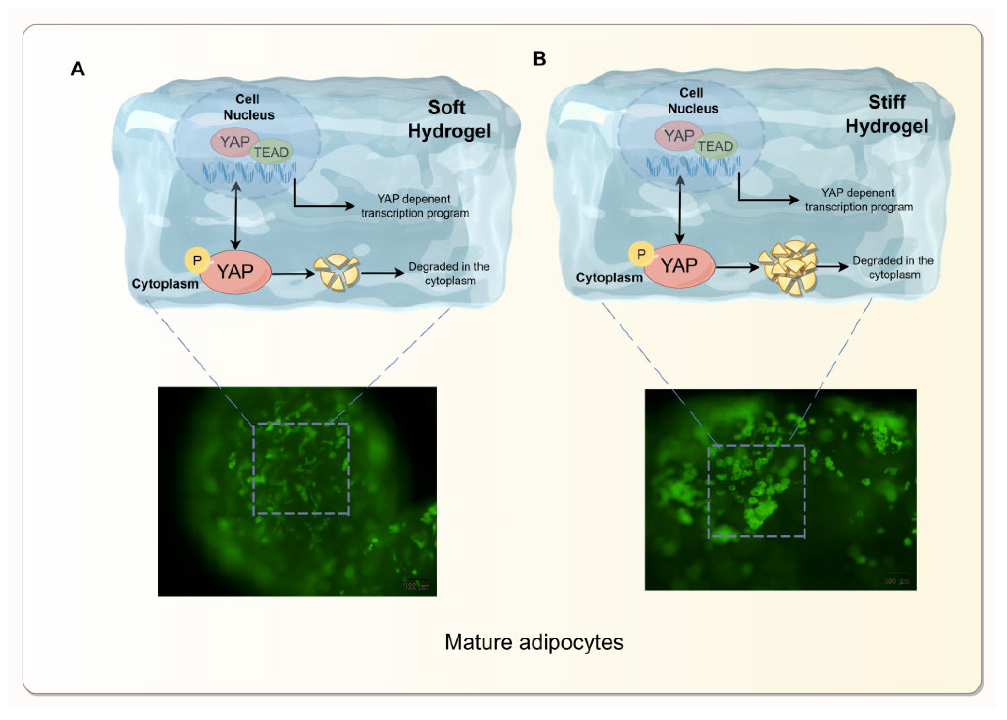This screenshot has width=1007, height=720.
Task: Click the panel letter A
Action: point(78,69)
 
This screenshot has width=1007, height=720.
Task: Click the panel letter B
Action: point(539,58)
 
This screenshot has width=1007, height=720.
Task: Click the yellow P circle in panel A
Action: point(197,260)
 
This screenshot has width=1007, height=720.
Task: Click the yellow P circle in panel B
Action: point(641,254)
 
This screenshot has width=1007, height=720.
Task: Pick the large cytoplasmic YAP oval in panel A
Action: point(235,271)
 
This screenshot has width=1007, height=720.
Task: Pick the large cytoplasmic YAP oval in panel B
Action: point(679,265)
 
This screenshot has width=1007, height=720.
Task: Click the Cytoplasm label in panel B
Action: point(609,277)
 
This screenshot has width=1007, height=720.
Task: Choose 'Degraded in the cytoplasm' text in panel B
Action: point(893,267)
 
